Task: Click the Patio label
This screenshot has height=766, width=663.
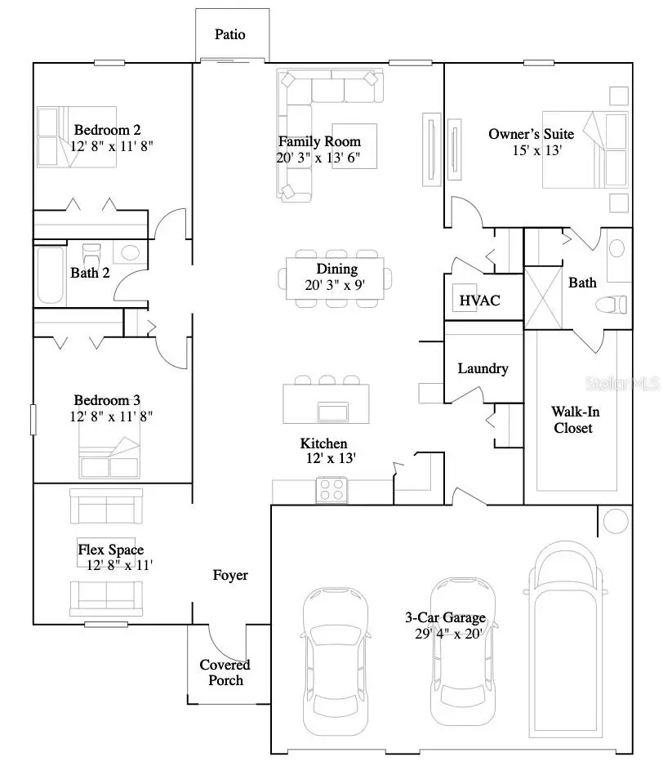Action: (x=229, y=34)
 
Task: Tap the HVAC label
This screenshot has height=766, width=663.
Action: (x=479, y=301)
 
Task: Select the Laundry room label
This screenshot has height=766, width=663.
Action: (x=483, y=368)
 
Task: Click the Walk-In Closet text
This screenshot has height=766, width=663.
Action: (x=572, y=420)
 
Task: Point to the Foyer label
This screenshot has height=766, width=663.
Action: (x=230, y=575)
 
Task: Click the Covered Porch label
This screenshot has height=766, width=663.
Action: (x=225, y=672)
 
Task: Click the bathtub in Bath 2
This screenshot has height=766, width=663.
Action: (x=50, y=274)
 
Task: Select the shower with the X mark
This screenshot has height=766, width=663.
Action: (x=542, y=297)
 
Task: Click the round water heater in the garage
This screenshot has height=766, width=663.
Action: (x=616, y=520)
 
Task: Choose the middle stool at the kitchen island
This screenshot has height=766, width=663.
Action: (x=327, y=380)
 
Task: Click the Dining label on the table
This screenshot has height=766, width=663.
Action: (x=337, y=269)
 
